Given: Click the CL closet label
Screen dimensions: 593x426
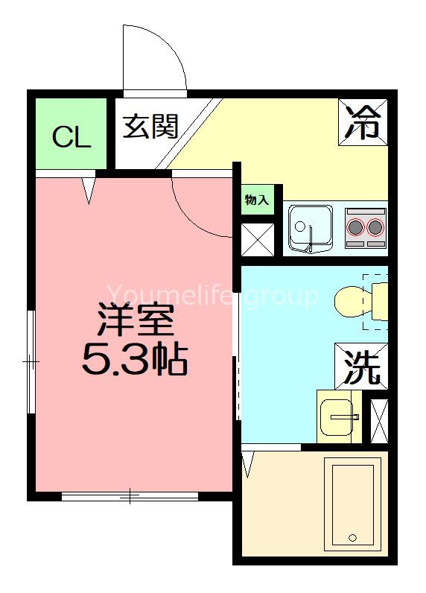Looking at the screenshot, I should coord(71,137).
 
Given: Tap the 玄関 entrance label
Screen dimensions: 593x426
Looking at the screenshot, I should coord(150,126).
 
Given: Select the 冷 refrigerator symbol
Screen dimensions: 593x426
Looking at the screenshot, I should coord(365,121).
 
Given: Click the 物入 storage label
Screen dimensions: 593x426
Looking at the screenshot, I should coord(257,199).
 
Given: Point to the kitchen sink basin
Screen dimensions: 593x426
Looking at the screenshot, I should coord(305,228).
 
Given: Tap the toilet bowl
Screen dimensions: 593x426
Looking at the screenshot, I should coord(355,302).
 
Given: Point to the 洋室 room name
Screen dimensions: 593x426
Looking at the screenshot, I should coord(135,322).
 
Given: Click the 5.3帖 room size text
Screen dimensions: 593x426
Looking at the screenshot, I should coord(135,361).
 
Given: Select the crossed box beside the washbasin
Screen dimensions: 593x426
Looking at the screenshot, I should coord(379,422).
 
